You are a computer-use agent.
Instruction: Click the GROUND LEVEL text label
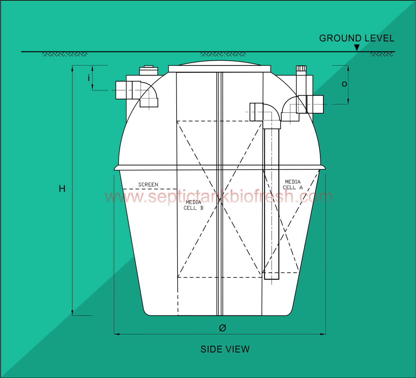click(357, 38)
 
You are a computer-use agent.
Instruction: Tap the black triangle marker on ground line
click(357, 48)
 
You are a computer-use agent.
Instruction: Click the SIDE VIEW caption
click(225, 349)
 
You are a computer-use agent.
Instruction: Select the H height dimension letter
click(62, 189)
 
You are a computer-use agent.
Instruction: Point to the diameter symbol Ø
click(222, 328)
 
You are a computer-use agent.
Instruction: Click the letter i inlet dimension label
click(89, 78)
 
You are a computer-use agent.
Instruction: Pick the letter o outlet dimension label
click(344, 84)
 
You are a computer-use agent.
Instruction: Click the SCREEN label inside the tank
click(148, 185)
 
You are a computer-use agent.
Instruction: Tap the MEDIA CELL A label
click(293, 185)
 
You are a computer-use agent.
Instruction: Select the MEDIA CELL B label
click(193, 205)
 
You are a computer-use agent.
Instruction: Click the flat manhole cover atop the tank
click(220, 69)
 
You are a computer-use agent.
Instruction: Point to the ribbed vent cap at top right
click(301, 69)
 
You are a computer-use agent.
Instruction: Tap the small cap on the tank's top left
click(149, 71)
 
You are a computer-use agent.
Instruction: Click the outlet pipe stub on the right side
click(315, 104)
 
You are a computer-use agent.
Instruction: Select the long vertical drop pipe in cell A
click(272, 202)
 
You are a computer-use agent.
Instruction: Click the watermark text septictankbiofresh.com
click(219, 197)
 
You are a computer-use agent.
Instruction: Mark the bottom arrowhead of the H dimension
click(72, 313)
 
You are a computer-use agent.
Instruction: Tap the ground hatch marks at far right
click(382, 54)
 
